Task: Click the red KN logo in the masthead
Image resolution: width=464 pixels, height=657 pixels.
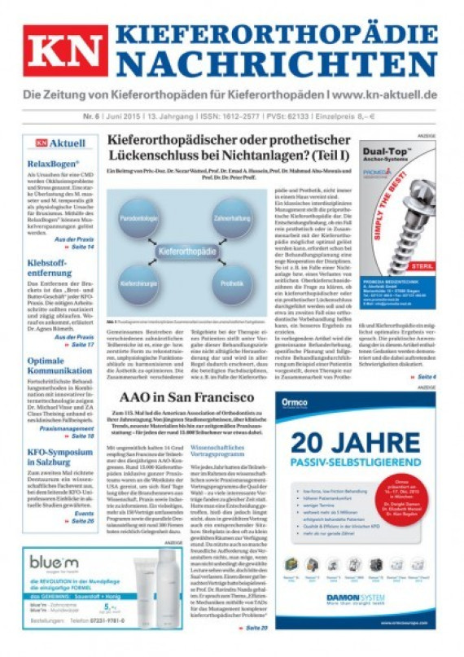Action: pos(64,50)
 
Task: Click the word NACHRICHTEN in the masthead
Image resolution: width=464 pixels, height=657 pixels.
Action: pos(282,63)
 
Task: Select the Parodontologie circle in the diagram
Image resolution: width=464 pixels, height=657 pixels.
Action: pos(142,219)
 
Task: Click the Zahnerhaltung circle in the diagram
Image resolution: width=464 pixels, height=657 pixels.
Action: pos(232,218)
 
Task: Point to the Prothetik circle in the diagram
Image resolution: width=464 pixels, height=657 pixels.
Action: pos(232,284)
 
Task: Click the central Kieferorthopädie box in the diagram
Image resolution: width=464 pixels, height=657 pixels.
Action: pos(187,252)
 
